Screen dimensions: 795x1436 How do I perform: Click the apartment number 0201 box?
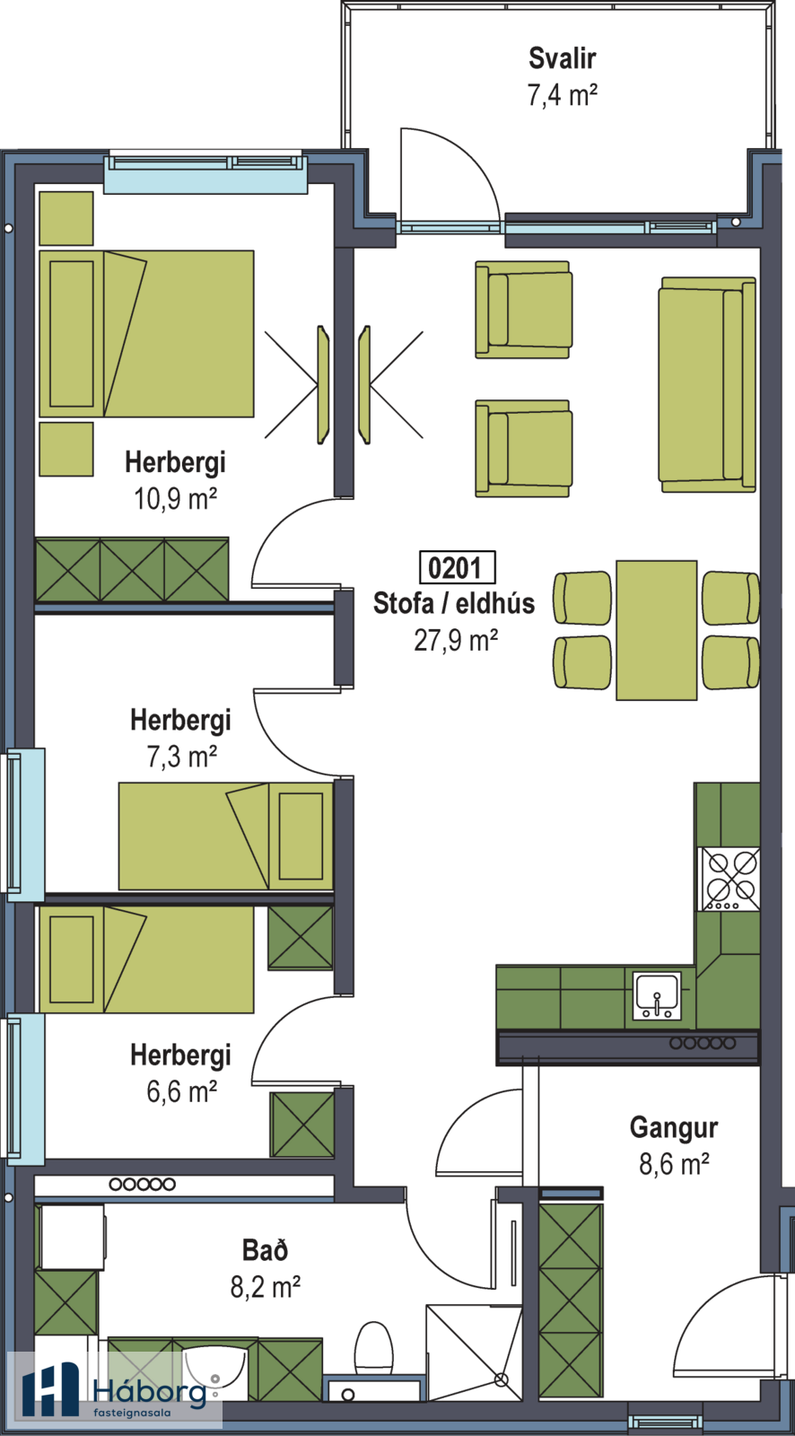457,567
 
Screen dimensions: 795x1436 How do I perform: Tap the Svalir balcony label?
563,58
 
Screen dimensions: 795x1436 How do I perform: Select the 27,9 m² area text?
456,640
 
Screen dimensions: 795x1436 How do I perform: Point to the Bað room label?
266,1249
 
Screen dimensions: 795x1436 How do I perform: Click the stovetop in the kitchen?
730,879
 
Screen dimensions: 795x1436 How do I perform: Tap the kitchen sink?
657,995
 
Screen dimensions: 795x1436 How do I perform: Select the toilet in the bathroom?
374,1351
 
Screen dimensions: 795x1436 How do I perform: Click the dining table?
657,630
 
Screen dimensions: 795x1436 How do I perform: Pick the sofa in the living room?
707,385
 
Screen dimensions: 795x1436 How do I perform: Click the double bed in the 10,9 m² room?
147,333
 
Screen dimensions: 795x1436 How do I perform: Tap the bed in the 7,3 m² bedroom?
226,836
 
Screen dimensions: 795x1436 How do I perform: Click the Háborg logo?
115,1391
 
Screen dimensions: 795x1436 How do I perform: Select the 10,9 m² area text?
175,498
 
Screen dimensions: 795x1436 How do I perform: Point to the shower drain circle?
502,1379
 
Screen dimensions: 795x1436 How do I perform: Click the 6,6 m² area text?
181,1091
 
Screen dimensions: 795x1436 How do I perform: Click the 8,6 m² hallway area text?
674,1163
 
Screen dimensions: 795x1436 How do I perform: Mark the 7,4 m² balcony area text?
563,95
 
